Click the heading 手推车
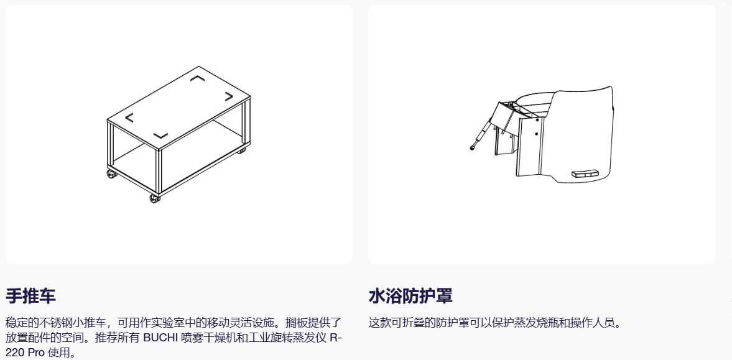pyautogui.click(x=31, y=296)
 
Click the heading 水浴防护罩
pyautogui.click(x=410, y=296)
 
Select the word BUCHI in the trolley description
pyautogui.click(x=160, y=338)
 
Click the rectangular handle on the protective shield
pyautogui.click(x=585, y=173)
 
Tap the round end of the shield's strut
pyautogui.click(x=473, y=149)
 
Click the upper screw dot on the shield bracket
pyautogui.click(x=537, y=120)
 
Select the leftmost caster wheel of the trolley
pyautogui.click(x=112, y=175)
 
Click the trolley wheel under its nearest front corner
pyautogui.click(x=155, y=198)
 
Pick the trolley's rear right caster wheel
pyautogui.click(x=241, y=150)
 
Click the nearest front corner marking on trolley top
pyautogui.click(x=160, y=136)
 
